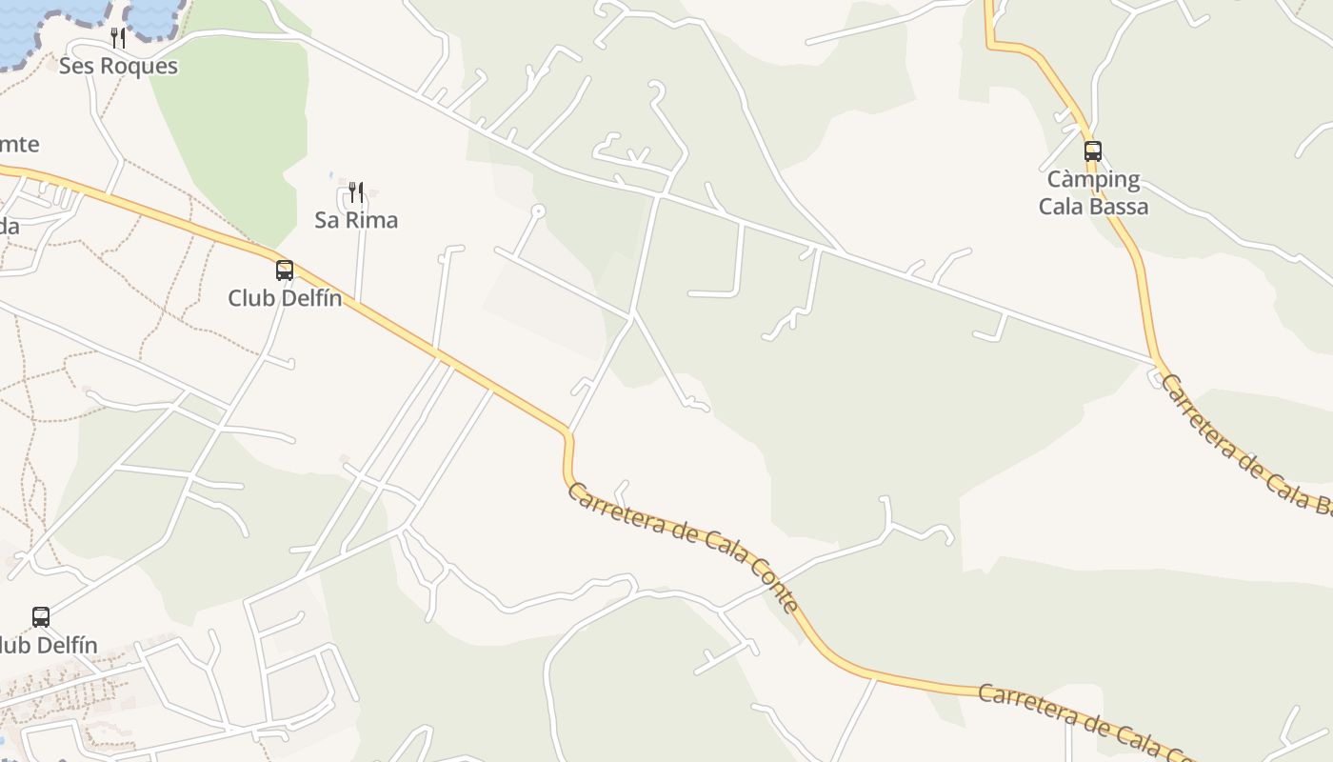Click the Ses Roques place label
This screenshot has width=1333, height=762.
(x=118, y=66)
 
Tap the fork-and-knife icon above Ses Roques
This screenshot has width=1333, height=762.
(x=118, y=38)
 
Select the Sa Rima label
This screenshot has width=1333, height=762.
(x=356, y=220)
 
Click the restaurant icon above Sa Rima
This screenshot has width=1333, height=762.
(x=356, y=192)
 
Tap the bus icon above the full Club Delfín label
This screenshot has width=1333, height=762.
(x=285, y=271)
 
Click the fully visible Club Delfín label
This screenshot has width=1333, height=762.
(x=285, y=298)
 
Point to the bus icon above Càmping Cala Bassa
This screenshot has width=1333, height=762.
(x=1093, y=151)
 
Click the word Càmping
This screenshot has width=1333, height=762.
(x=1093, y=179)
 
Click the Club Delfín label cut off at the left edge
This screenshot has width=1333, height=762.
(x=48, y=645)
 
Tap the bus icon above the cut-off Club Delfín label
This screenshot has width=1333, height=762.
(x=41, y=617)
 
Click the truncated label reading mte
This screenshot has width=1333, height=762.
(x=19, y=145)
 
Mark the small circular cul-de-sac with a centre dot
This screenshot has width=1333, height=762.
(x=538, y=210)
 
